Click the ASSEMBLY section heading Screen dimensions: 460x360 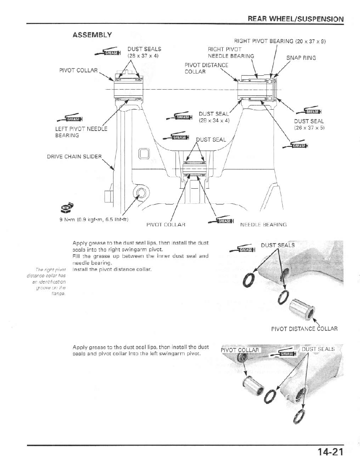point(92,35)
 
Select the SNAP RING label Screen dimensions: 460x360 point(301,58)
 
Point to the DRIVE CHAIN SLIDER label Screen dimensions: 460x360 point(74,156)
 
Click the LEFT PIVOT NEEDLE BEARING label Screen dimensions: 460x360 point(81,132)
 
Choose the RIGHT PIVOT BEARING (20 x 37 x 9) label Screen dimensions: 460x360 point(279,41)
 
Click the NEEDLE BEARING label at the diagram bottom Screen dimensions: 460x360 point(263,224)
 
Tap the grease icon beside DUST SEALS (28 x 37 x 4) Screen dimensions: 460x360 point(106,52)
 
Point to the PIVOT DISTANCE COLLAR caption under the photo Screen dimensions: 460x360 point(304,329)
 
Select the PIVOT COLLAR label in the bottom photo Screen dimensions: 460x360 point(240,350)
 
